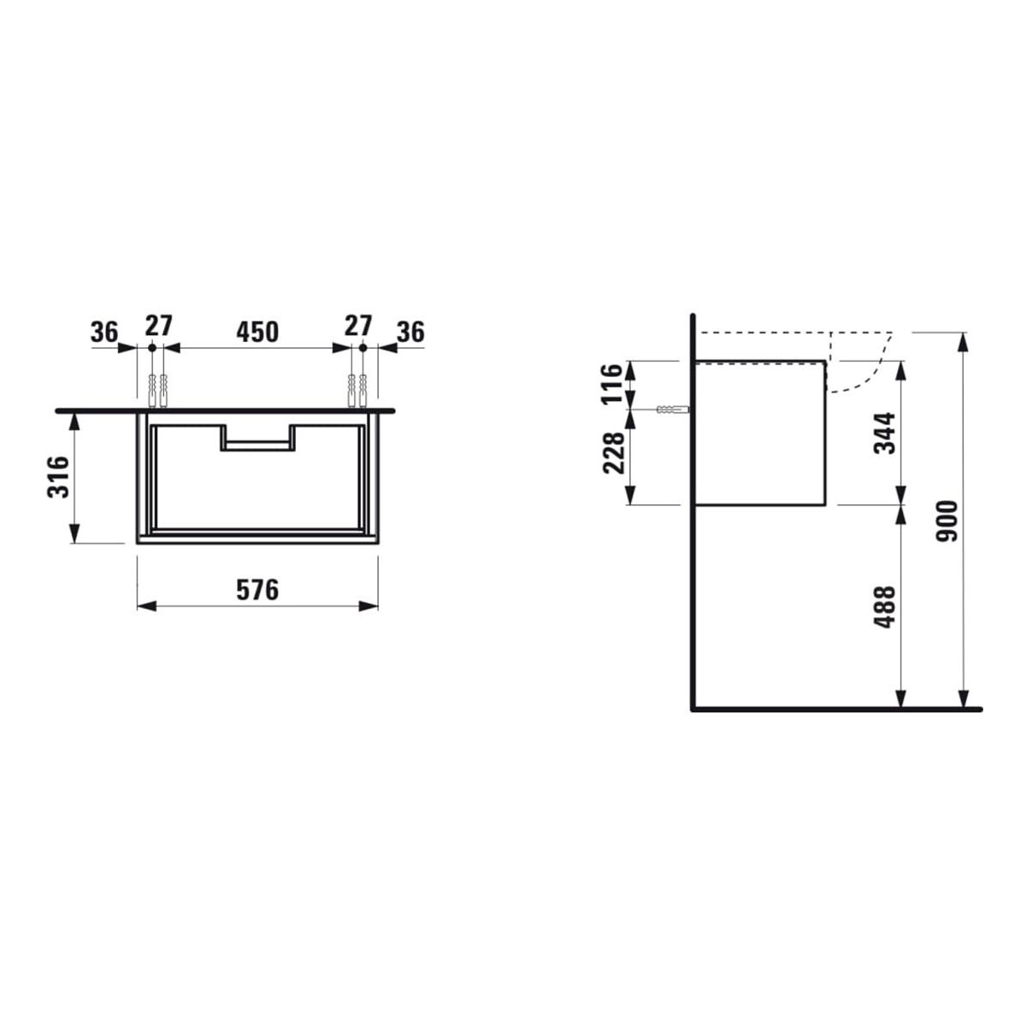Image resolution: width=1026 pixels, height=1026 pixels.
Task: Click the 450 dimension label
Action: [x=257, y=333]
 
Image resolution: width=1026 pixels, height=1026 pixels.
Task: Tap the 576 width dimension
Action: [x=257, y=590]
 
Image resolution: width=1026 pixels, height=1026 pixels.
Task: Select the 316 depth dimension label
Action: [x=59, y=477]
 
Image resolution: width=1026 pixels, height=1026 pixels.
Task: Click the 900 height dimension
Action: [x=947, y=521]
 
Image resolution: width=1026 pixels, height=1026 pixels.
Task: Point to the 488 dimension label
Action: [x=885, y=607]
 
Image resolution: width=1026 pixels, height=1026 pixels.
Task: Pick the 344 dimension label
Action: [x=885, y=433]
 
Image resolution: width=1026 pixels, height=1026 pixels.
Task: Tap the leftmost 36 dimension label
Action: [x=103, y=333]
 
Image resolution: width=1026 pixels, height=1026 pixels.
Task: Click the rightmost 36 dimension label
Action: [x=410, y=333]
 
